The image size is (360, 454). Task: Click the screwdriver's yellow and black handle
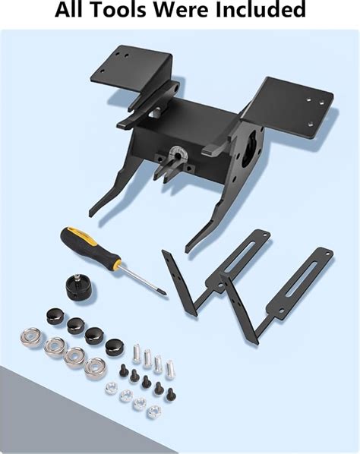pyautogui.click(x=90, y=247)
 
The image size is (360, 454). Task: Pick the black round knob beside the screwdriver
pyautogui.click(x=77, y=288)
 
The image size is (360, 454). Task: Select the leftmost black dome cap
pyautogui.click(x=55, y=316)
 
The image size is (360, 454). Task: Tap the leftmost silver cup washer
pyautogui.click(x=30, y=337)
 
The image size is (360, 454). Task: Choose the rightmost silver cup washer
pyautogui.click(x=95, y=367)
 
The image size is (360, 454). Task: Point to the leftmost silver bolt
pyautogui.click(x=137, y=353)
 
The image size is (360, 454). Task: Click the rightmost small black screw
pyautogui.click(x=171, y=394)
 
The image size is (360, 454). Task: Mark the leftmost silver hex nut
pyautogui.click(x=111, y=388)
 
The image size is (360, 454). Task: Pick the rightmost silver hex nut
pyautogui.click(x=153, y=411)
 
